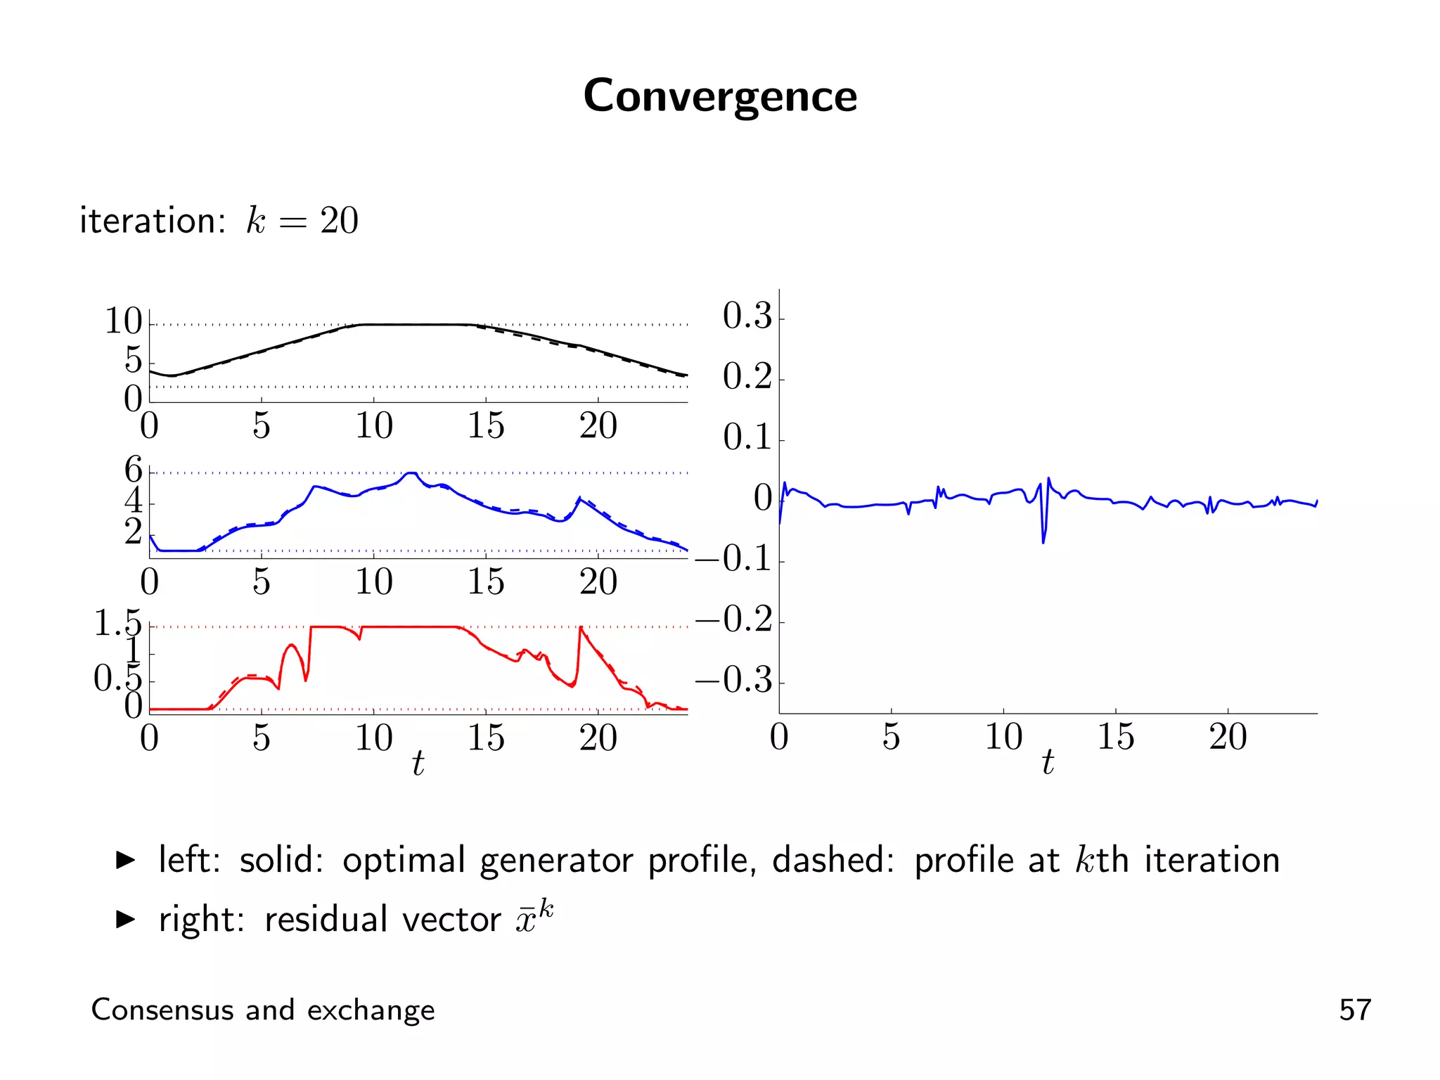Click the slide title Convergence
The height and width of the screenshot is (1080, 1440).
(x=720, y=96)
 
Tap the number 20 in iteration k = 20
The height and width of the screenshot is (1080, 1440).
(x=339, y=221)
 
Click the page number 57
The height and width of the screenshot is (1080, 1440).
(x=1355, y=1010)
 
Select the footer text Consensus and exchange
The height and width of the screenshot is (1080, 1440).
(x=263, y=1010)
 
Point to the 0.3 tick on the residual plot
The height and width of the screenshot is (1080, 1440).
(x=747, y=316)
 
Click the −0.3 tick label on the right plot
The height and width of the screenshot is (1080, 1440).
(x=734, y=681)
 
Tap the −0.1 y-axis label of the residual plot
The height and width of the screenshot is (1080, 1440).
(x=734, y=559)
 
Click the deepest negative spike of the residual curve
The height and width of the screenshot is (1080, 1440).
(x=1043, y=542)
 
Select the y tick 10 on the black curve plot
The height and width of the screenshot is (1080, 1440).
(x=123, y=321)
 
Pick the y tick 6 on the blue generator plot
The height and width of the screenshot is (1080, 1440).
(x=133, y=469)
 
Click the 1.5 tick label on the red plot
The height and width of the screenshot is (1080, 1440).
(x=117, y=623)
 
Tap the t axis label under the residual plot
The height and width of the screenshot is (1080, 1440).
(x=1048, y=762)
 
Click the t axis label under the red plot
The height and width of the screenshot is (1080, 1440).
(x=418, y=763)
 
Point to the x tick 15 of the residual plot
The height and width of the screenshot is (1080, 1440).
(x=1115, y=737)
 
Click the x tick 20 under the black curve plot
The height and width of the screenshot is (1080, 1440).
(x=598, y=426)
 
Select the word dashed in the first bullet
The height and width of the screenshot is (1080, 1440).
(x=832, y=861)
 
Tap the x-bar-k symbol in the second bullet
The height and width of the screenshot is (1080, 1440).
(x=534, y=917)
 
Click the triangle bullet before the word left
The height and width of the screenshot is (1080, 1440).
(x=125, y=860)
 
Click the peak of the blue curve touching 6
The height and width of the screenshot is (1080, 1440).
(x=411, y=473)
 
